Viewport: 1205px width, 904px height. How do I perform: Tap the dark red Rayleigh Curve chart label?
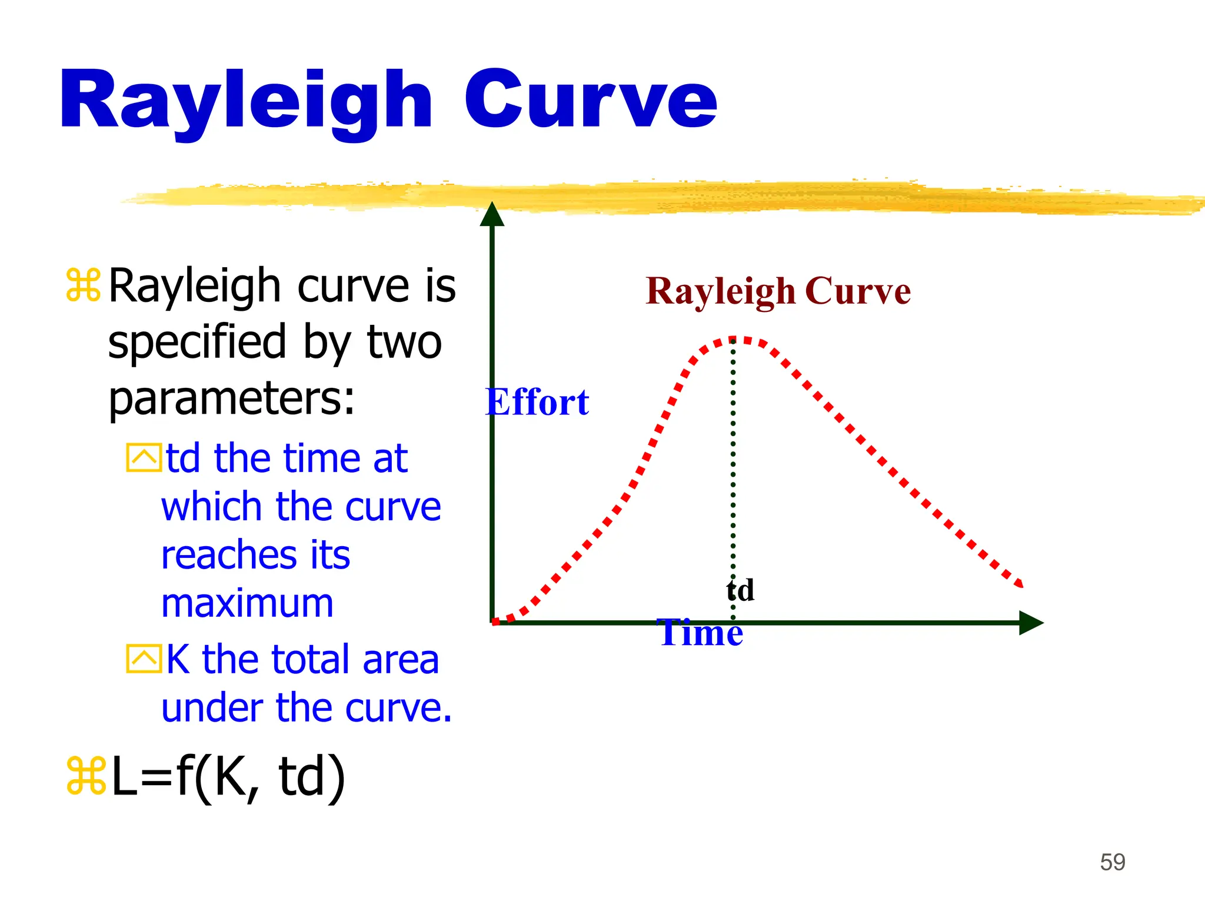[778, 291]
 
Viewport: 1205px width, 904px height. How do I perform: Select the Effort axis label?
[537, 403]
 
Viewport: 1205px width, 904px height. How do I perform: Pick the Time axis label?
[700, 633]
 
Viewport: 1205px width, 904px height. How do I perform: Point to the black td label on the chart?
[740, 590]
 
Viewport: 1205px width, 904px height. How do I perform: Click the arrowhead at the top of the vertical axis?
[492, 214]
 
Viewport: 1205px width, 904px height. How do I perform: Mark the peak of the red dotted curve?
[733, 340]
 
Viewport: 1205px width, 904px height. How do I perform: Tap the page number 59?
[1113, 862]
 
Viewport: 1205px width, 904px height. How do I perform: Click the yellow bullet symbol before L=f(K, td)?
[85, 776]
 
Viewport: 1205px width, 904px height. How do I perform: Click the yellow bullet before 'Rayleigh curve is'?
[83, 285]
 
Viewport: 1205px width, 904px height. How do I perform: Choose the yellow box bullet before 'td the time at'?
[143, 458]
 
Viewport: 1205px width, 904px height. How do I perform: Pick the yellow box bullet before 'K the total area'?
[143, 659]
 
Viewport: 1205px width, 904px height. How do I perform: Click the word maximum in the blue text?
[247, 604]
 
